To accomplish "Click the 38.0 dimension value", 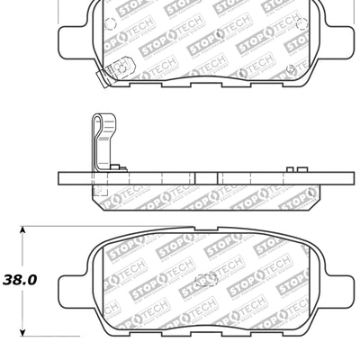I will [19, 280].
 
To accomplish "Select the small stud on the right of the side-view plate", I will [292, 167].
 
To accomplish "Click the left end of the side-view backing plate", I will [60, 177].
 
